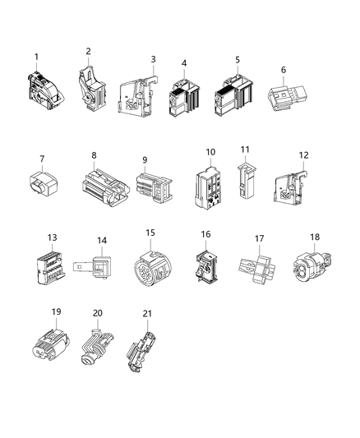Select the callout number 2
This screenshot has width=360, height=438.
(88, 52)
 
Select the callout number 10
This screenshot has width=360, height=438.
(210, 152)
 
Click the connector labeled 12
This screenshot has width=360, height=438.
(295, 182)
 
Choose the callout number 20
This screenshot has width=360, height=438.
(98, 313)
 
